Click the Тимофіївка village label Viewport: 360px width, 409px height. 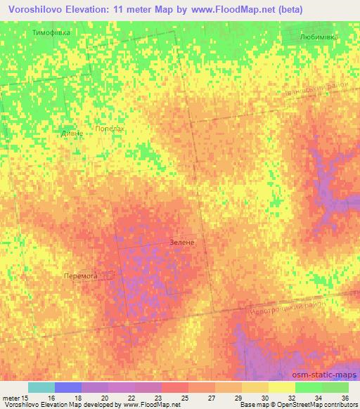pyautogui.click(x=51, y=33)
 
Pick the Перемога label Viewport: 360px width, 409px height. pyautogui.click(x=79, y=276)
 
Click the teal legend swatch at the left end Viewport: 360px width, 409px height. pyautogui.click(x=41, y=387)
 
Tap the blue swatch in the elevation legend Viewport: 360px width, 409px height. pyautogui.click(x=67, y=387)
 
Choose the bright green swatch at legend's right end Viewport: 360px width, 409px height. pyautogui.click(x=335, y=387)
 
